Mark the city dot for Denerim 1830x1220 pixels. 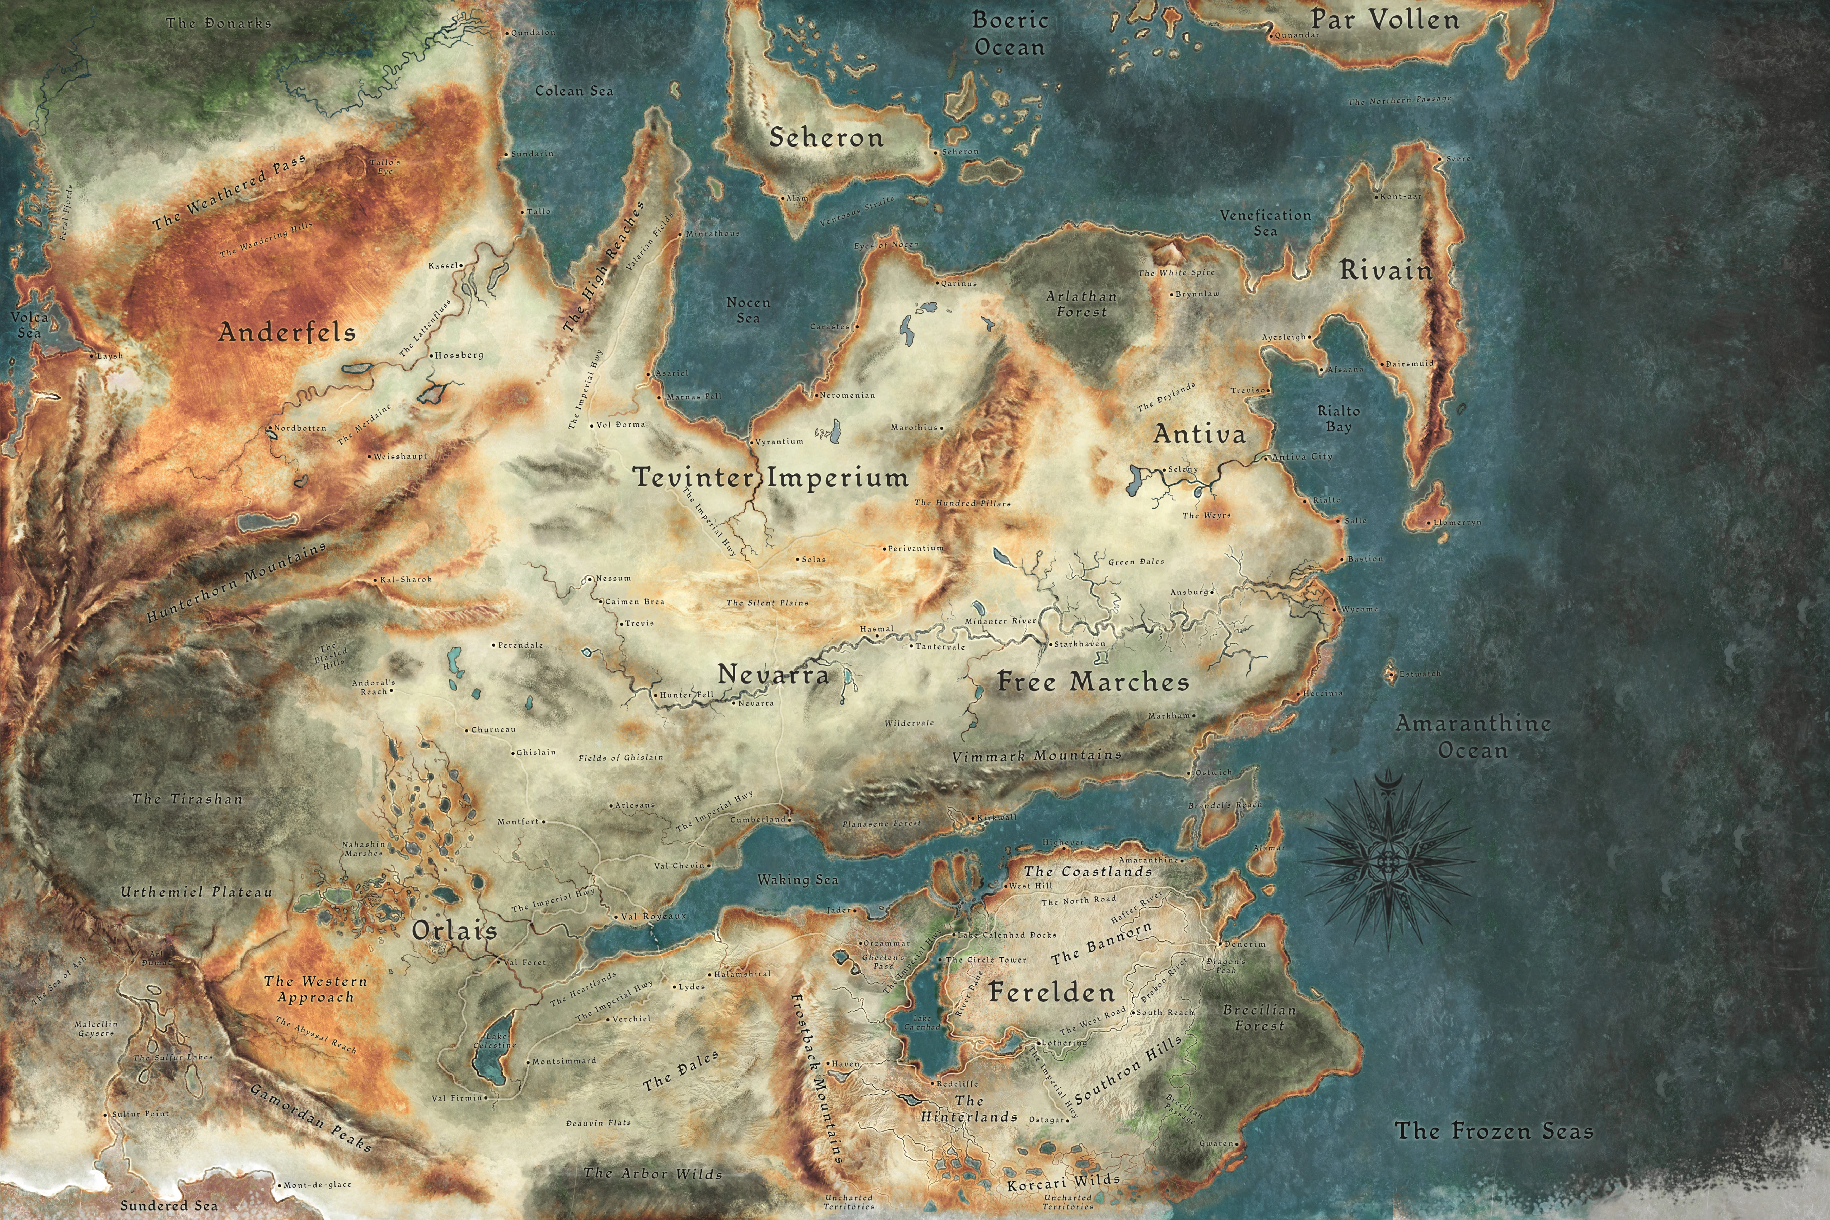(x=1220, y=944)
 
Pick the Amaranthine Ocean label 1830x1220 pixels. (x=1473, y=736)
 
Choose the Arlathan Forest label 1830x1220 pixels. (x=1081, y=303)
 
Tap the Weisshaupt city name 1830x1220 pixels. (x=400, y=456)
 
